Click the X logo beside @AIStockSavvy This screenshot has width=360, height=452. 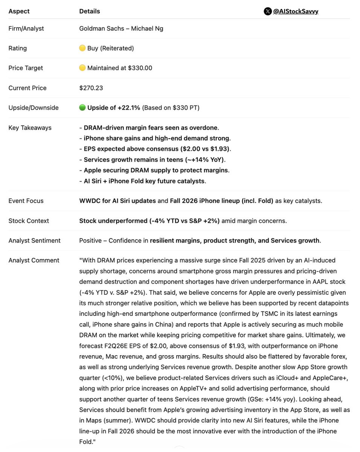tap(267, 11)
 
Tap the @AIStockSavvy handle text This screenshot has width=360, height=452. tap(296, 11)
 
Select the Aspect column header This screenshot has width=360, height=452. tap(19, 11)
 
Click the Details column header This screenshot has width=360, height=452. tap(90, 11)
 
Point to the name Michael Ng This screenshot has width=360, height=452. tap(147, 28)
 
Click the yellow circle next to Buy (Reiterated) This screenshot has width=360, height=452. tap(82, 48)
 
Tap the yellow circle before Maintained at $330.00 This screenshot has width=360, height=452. tap(82, 68)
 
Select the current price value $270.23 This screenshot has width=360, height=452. tap(91, 88)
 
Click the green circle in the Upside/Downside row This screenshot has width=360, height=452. tap(82, 108)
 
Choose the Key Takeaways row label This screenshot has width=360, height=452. tap(30, 128)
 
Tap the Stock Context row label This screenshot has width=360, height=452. tap(29, 221)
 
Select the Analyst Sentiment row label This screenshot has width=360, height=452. tap(34, 240)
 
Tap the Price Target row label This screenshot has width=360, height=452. tap(26, 68)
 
